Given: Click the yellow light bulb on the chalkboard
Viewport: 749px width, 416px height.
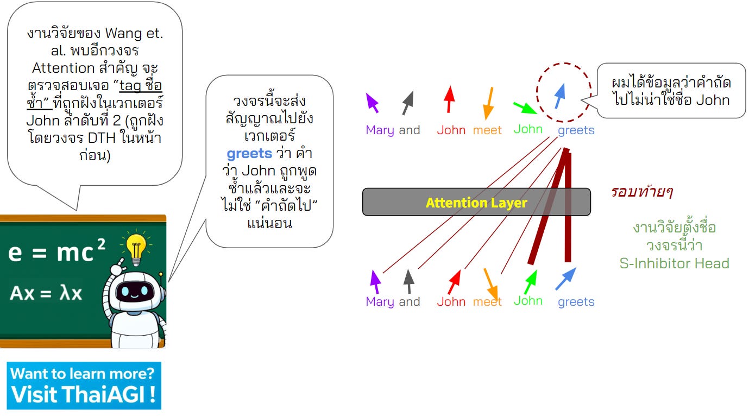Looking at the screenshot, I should pyautogui.click(x=135, y=247).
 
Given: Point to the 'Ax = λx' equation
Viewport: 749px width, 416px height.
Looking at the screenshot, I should pyautogui.click(x=46, y=293).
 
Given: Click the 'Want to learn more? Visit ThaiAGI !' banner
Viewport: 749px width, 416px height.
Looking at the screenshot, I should pyautogui.click(x=84, y=385).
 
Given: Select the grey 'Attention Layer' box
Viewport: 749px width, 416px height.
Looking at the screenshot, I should pyautogui.click(x=476, y=202).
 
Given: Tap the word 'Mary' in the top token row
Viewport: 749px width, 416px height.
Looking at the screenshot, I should pyautogui.click(x=380, y=130).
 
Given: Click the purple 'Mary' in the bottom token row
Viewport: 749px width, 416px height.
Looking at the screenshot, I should pyautogui.click(x=380, y=302).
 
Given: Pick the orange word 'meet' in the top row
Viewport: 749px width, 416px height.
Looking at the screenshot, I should pyautogui.click(x=487, y=130).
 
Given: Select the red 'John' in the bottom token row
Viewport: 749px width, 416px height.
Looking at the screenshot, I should pyautogui.click(x=451, y=302).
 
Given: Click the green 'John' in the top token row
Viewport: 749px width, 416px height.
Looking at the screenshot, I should pyautogui.click(x=528, y=129).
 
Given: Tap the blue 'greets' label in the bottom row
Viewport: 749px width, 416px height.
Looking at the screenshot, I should pyautogui.click(x=576, y=302).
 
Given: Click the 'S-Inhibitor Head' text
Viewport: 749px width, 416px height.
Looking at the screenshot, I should pyautogui.click(x=674, y=263).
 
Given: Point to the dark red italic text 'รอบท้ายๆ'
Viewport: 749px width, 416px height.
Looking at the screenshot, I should pyautogui.click(x=642, y=191).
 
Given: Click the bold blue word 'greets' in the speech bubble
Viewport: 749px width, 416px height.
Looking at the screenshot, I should pyautogui.click(x=249, y=153).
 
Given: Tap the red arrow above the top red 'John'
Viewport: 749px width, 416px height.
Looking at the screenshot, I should pyautogui.click(x=449, y=99).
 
